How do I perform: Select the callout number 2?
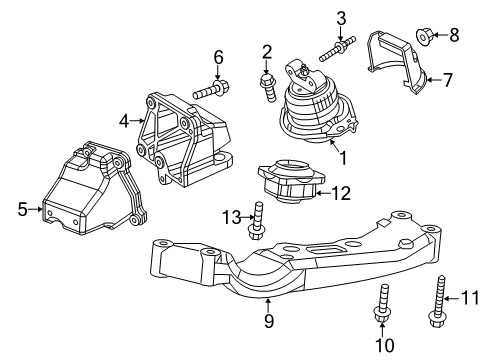coord(267,51)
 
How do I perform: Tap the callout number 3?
coord(341,17)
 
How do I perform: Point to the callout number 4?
coord(124,121)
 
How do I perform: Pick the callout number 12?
coord(342,192)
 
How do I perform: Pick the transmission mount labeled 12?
coord(289,182)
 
